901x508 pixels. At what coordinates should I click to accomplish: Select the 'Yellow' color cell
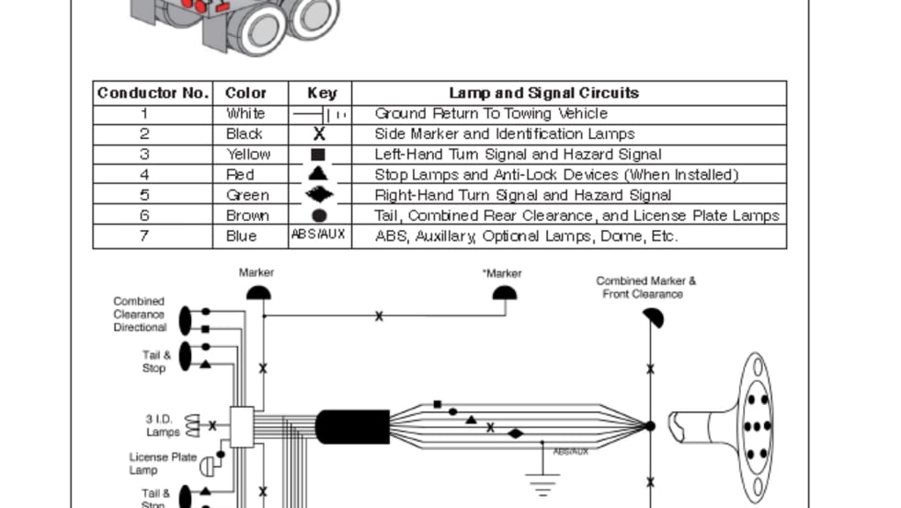pos(248,155)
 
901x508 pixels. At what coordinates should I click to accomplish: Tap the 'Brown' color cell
pos(248,215)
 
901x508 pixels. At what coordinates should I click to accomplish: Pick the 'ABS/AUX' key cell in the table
pos(318,235)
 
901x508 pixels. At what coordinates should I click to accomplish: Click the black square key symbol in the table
pos(318,155)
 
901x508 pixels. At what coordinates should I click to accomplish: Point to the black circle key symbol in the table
pos(319,215)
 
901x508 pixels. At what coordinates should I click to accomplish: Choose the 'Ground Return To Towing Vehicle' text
pos(491,114)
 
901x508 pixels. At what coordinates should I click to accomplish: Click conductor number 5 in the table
pos(144,195)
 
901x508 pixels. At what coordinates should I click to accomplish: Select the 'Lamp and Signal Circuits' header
pos(543,93)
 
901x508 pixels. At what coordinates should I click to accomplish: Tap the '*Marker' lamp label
pos(502,273)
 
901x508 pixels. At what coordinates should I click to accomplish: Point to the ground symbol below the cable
pos(542,480)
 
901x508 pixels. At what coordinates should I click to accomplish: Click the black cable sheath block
pos(352,427)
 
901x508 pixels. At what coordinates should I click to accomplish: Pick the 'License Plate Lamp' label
pos(163,463)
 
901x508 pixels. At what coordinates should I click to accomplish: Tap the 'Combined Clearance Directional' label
pos(140,314)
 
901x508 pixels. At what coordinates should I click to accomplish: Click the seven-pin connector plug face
pos(756,426)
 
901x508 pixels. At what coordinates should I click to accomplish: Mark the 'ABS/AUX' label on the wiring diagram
pos(570,452)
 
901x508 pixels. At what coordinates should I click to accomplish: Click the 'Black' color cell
pos(245,134)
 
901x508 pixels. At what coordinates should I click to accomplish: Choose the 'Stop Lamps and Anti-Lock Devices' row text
pos(556,175)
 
